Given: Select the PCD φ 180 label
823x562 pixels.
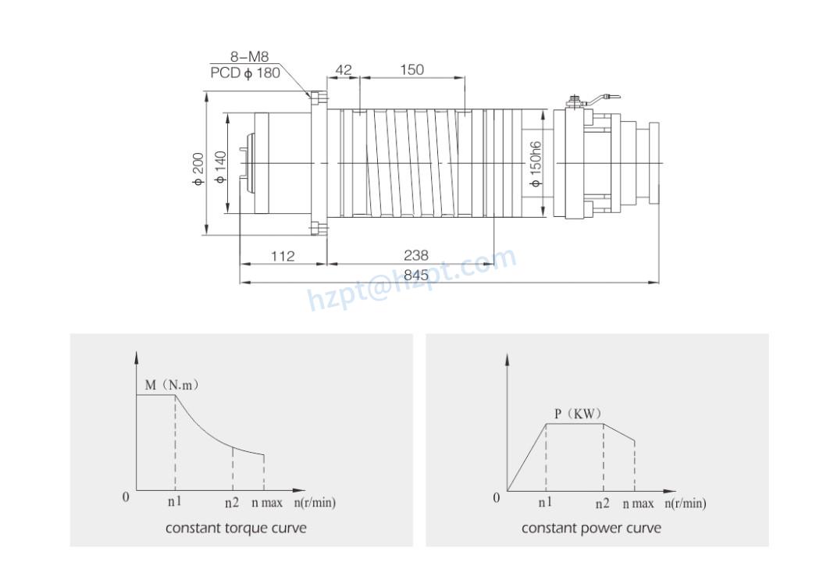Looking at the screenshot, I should coord(245,73).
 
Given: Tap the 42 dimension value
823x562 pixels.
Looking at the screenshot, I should coord(344,70).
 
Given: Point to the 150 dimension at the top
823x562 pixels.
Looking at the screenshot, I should coord(411,69).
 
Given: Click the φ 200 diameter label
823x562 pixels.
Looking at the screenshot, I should coord(198,169).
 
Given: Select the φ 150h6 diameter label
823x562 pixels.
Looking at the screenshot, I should coord(535,163).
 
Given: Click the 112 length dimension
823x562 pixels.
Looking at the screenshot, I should coord(283,255).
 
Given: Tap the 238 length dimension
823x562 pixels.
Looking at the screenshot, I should coord(415,255).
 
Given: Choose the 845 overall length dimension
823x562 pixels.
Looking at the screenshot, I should coord(417,275).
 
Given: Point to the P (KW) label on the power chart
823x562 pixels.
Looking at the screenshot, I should coord(578,413).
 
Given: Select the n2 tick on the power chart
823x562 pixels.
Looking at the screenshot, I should coord(602,503).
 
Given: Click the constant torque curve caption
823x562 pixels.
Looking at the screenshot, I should coord(236,528).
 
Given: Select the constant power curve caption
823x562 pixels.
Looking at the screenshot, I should coord(591,528).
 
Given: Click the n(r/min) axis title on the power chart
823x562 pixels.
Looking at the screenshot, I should coord(685,503).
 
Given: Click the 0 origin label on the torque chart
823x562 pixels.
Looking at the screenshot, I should coord(126,497).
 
